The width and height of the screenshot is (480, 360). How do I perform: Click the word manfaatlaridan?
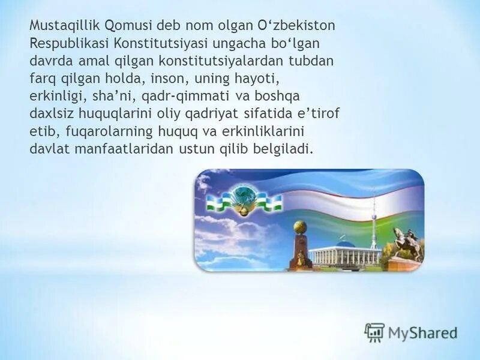122,149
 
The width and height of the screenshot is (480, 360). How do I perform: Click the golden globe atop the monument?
300,227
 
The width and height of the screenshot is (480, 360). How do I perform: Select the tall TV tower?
373,222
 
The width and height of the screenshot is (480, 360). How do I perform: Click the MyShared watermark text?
422,332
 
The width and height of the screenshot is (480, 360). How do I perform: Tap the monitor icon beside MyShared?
374,332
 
